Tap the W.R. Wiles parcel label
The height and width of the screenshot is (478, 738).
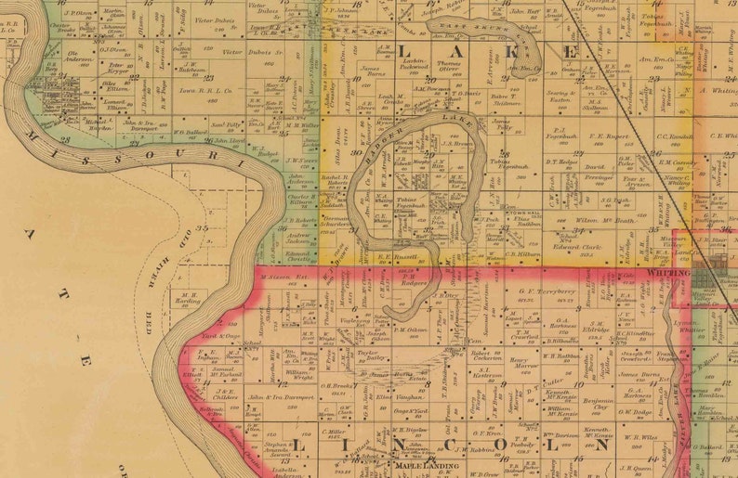tap(640, 434)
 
